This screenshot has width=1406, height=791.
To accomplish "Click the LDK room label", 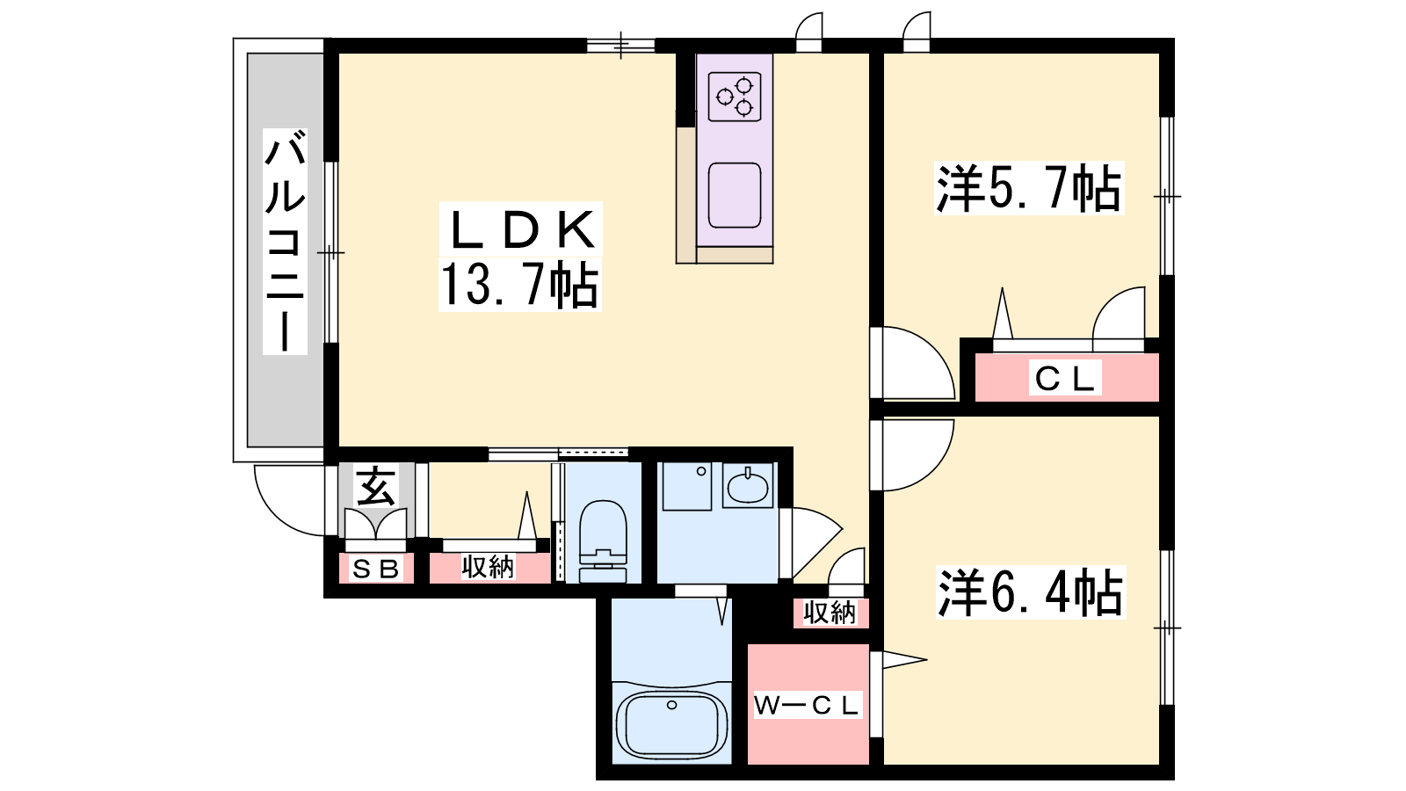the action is pos(521,229).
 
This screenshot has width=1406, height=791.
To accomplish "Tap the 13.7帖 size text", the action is pos(519,285).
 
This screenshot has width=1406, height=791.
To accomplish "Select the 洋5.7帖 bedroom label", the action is pos(1028,188).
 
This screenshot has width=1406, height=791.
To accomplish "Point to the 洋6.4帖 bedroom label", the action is pos(1030,592).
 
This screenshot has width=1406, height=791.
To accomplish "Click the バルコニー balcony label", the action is pos(285,241).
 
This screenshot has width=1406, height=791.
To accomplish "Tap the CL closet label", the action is pos(1064,378).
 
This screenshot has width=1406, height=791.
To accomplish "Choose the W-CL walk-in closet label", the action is pos(808,706).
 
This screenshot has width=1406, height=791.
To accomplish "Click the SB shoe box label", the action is pos(375,569).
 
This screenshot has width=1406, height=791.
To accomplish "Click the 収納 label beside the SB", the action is pos(488,567).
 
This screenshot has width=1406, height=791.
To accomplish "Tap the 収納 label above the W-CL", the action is pos(830,613).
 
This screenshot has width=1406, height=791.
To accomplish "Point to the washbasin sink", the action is pos(748,487).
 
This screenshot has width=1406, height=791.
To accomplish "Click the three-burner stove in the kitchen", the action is pos(735,97).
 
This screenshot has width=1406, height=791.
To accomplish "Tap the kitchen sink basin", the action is pos(735,195).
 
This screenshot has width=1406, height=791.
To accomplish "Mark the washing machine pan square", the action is pos(687,487).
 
